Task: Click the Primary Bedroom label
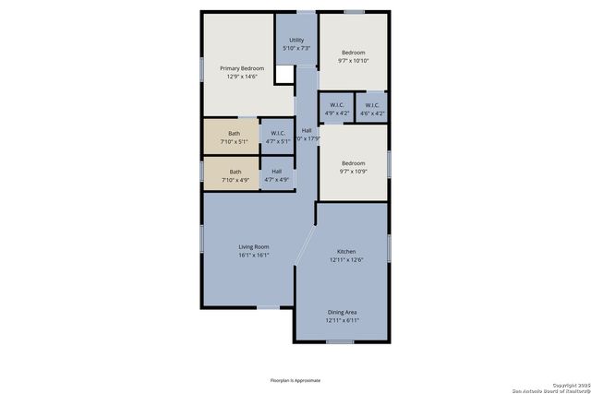click(242, 68)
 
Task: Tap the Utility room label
click(296, 40)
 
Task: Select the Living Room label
click(253, 246)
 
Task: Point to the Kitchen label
click(346, 252)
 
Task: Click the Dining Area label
click(342, 312)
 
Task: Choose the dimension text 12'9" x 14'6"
click(242, 78)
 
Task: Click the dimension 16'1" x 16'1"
click(253, 256)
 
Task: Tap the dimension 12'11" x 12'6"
click(346, 261)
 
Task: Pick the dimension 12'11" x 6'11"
click(342, 321)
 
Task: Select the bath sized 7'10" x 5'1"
click(235, 137)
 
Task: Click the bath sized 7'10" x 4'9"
click(235, 175)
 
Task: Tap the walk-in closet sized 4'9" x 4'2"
click(336, 109)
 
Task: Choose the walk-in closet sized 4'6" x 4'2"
click(372, 109)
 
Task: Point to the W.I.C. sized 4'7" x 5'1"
click(278, 137)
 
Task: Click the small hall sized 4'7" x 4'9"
click(277, 175)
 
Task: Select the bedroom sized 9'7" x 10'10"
click(354, 56)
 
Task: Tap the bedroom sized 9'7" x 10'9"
click(354, 167)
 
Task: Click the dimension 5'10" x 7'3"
click(296, 49)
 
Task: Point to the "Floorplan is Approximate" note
click(295, 380)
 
